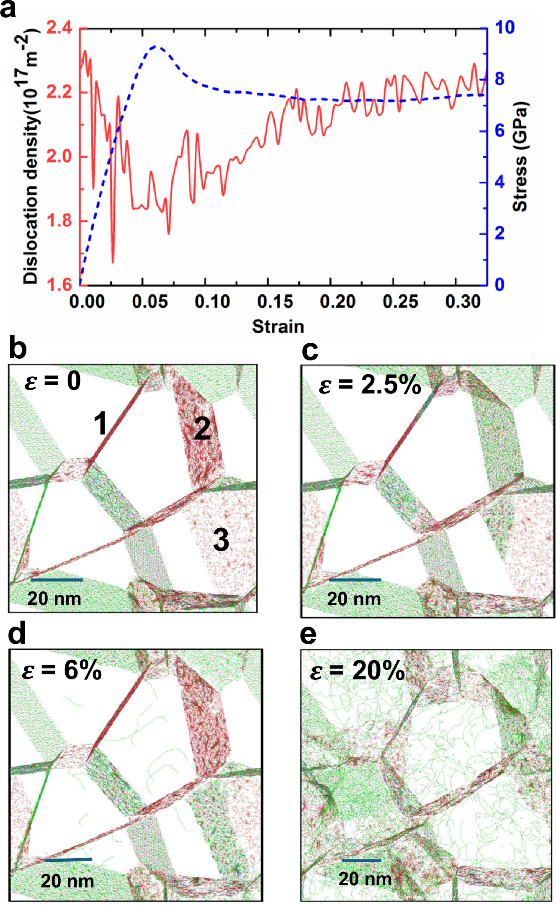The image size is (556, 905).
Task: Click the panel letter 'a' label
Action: [x=8, y=9]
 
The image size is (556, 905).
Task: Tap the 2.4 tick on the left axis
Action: [x=59, y=28]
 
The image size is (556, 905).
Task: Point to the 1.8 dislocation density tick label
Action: [x=59, y=221]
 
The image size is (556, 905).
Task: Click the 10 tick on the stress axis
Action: [x=505, y=28]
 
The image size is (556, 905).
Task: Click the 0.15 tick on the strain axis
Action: [x=275, y=301]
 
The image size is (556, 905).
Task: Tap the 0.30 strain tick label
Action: [x=463, y=301]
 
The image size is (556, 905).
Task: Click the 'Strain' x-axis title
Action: [x=278, y=327]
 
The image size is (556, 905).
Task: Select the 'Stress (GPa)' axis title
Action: [x=520, y=157]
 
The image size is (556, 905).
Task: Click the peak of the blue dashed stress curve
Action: [x=156, y=46]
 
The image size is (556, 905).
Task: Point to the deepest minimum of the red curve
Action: [x=113, y=262]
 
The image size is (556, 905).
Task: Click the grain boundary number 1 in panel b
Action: [x=101, y=423]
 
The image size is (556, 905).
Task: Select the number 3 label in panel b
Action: [x=221, y=540]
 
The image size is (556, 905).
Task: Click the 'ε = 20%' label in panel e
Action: [x=357, y=671]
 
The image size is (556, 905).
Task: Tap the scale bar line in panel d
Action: [x=68, y=860]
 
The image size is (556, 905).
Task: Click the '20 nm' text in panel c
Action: [x=354, y=599]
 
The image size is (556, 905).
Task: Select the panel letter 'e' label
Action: [x=309, y=635]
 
